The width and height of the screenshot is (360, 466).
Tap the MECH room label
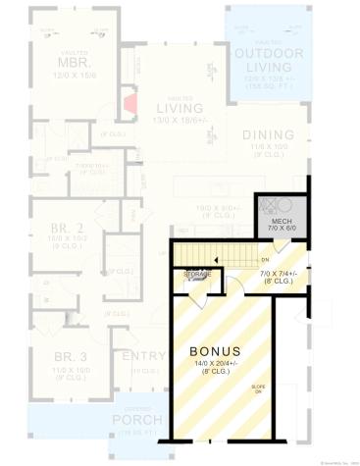tap(282, 222)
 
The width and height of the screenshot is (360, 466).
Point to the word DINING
tap(268, 134)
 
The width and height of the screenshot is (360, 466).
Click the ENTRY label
tap(143, 356)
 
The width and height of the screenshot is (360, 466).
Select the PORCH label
tap(137, 421)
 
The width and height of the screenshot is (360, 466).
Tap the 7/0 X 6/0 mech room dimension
tap(282, 230)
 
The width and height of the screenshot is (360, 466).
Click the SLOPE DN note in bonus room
tap(258, 390)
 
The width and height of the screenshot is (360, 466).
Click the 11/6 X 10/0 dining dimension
tap(268, 146)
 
